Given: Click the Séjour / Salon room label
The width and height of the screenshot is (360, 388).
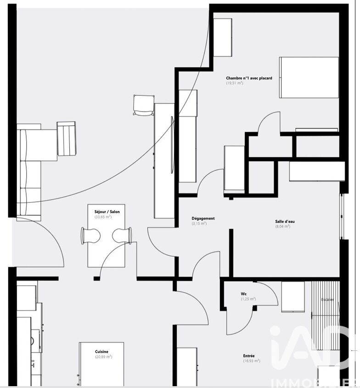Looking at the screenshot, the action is tap(107, 212).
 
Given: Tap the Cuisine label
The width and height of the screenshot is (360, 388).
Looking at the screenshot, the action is tap(101, 352).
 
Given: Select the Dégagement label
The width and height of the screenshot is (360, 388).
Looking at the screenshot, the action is tap(203, 218).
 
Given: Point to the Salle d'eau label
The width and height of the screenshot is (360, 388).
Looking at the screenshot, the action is tap(285, 222).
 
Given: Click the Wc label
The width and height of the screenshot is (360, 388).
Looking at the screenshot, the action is tap(243, 294).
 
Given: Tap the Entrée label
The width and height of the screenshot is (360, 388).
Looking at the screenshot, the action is tap(249, 356).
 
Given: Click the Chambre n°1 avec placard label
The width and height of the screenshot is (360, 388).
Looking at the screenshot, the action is tap(249, 78).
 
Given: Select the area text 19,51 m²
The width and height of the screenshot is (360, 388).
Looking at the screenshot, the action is tap(234, 83).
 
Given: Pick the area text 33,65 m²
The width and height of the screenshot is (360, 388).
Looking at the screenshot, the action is tap(103, 217).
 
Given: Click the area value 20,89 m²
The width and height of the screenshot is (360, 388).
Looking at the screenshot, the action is tap(104, 357).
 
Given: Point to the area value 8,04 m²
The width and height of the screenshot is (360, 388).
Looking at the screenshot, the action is tap(283, 227).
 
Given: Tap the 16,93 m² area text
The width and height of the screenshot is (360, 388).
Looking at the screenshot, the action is tap(252, 361).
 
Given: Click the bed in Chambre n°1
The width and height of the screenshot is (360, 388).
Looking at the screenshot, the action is tap(309, 78).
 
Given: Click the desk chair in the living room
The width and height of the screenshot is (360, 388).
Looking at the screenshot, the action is tap(144, 105).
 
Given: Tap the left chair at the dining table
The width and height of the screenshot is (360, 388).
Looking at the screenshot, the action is tap(90, 236).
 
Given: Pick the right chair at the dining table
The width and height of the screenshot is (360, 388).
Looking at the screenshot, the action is tap(122, 236).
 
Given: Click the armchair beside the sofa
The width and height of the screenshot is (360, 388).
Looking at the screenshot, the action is tap(67, 139).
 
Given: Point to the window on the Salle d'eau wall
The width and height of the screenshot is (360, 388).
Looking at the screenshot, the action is tap(342, 216).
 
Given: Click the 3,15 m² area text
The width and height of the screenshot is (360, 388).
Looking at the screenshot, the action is tap(199, 223).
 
